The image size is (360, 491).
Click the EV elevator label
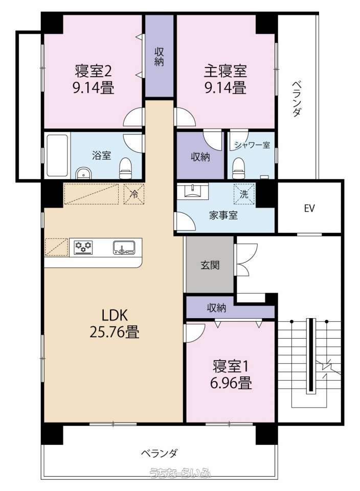309,208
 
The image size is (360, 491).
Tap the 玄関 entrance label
210,265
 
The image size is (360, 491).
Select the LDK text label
115,315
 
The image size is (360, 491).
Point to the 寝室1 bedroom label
231,366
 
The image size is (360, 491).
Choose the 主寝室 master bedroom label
226,71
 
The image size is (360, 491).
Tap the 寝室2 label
93,71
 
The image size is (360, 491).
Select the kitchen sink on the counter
124,247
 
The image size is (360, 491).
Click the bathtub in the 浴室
57,155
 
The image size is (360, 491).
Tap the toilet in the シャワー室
239,168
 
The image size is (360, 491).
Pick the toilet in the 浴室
125,168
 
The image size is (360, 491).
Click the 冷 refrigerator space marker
134,194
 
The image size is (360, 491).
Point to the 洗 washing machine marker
244,194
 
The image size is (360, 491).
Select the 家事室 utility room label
223,215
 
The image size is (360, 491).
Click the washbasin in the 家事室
192,191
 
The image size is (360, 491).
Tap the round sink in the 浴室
83,173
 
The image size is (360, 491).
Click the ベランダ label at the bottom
160,453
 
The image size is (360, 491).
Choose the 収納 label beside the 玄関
216,308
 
